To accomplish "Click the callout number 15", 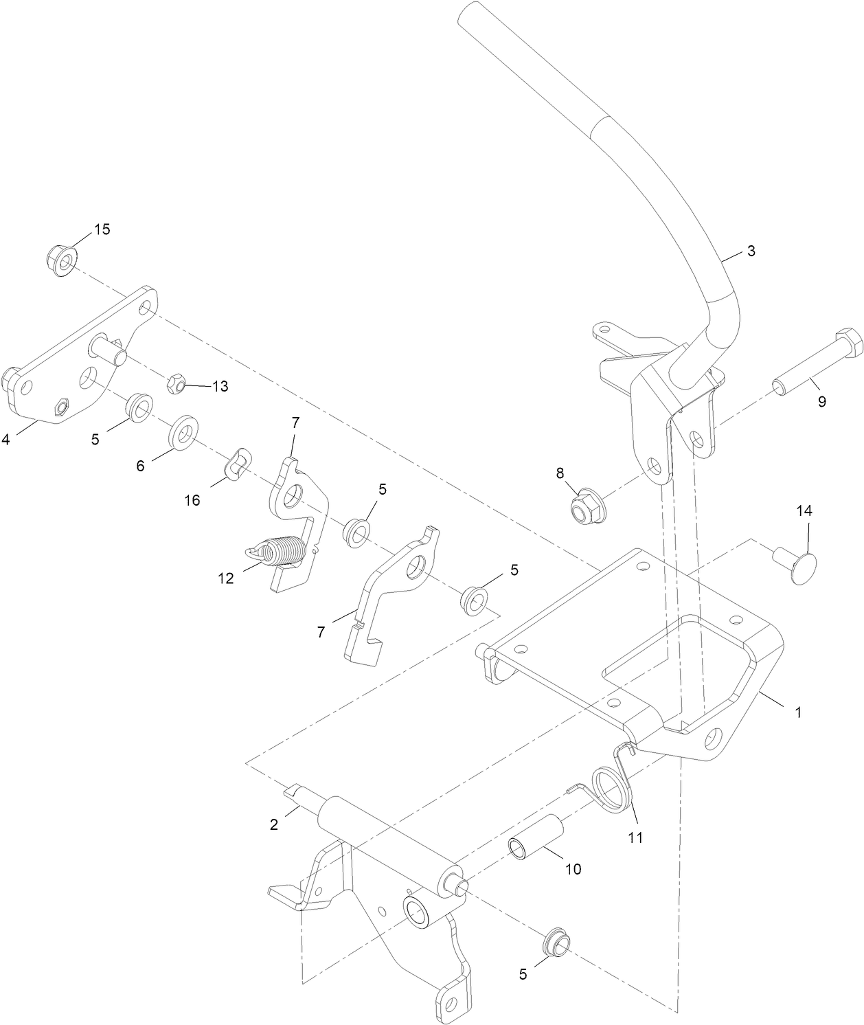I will (x=102, y=229).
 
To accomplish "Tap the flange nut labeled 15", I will (x=62, y=260).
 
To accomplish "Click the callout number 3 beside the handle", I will (x=751, y=251).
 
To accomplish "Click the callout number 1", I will (x=797, y=713).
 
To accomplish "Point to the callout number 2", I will (x=274, y=824).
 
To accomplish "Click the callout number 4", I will (x=5, y=440).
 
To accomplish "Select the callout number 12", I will (x=225, y=578).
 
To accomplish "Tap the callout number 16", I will (x=192, y=500).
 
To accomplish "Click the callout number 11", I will (x=636, y=837).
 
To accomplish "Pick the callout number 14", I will (x=804, y=510).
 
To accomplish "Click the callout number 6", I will (x=140, y=466).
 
